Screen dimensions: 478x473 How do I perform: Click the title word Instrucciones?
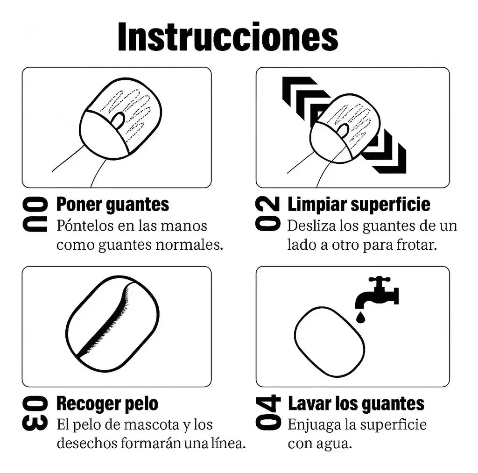pos(228,37)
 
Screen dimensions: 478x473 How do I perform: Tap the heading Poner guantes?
pos(112,205)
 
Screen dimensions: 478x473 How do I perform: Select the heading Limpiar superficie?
pos(359,205)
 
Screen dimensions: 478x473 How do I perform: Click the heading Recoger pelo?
pos(107,404)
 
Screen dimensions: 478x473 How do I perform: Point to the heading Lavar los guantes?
pos(356,404)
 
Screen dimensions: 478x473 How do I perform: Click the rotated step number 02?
pos(267,213)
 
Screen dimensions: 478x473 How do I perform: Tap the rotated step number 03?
pos(35,413)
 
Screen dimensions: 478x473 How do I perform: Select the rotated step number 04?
pos(268,412)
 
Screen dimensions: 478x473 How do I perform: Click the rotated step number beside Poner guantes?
pos(35,214)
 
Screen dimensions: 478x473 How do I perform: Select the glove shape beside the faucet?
pos(330,342)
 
